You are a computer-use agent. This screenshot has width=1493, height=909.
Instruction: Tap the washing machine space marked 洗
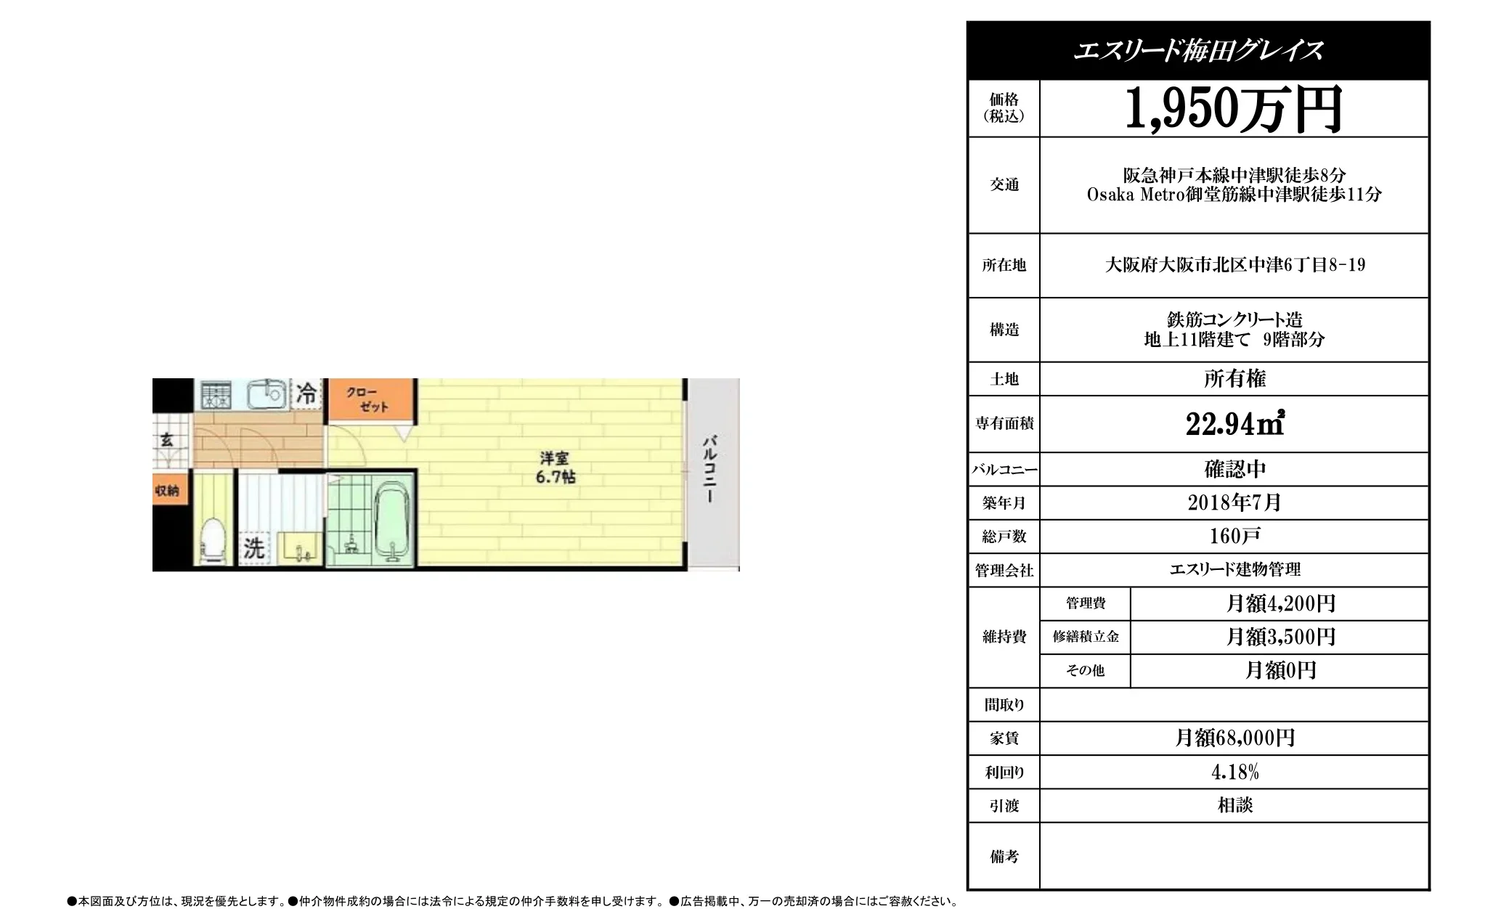pos(253,547)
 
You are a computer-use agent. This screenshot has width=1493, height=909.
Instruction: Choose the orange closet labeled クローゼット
pos(370,399)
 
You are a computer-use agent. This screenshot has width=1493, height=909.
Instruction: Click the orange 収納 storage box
pos(167,491)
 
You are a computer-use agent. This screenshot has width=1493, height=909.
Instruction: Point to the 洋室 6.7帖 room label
pos(555,468)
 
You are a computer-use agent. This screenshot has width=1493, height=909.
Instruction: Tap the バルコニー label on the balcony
pos(710,468)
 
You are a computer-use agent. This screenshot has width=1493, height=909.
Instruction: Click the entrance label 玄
pos(166,440)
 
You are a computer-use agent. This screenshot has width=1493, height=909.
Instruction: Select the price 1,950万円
pos(1233,109)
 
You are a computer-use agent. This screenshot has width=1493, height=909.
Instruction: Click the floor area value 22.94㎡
pos(1234,424)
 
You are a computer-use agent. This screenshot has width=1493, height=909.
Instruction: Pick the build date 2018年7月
pos(1234,502)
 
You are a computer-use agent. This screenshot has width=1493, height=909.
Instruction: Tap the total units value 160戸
pos(1234,537)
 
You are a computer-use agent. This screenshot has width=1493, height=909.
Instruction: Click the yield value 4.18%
pos(1234,772)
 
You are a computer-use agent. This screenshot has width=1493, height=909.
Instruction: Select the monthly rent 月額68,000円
pos(1234,738)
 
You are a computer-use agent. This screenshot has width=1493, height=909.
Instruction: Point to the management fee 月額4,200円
pos(1280,603)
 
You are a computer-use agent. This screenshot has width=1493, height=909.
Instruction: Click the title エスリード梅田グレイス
pos(1198,50)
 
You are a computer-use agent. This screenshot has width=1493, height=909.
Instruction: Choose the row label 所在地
pos(1004,266)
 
